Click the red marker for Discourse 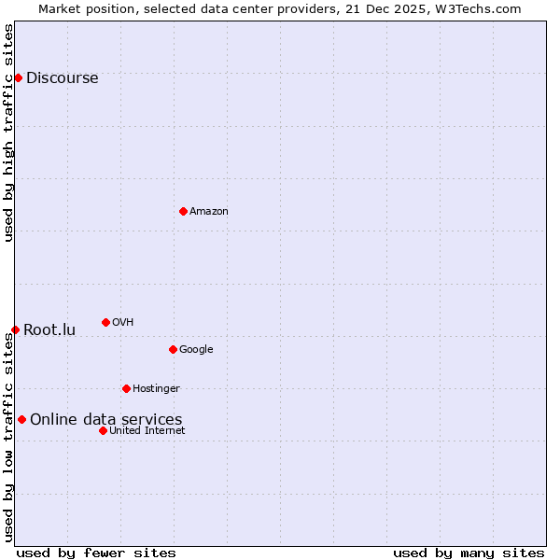18,77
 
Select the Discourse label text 62,78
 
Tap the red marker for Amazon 183,211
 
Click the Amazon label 209,212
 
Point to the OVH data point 105,322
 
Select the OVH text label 123,323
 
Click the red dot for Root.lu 15,329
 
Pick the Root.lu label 49,330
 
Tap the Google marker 173,349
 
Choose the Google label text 196,350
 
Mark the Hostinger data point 126,388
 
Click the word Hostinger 156,389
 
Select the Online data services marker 21,419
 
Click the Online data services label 105,420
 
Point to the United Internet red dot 103,430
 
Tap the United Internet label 147,431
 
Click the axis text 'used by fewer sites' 96,553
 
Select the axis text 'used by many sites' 469,553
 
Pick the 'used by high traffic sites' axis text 8,133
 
